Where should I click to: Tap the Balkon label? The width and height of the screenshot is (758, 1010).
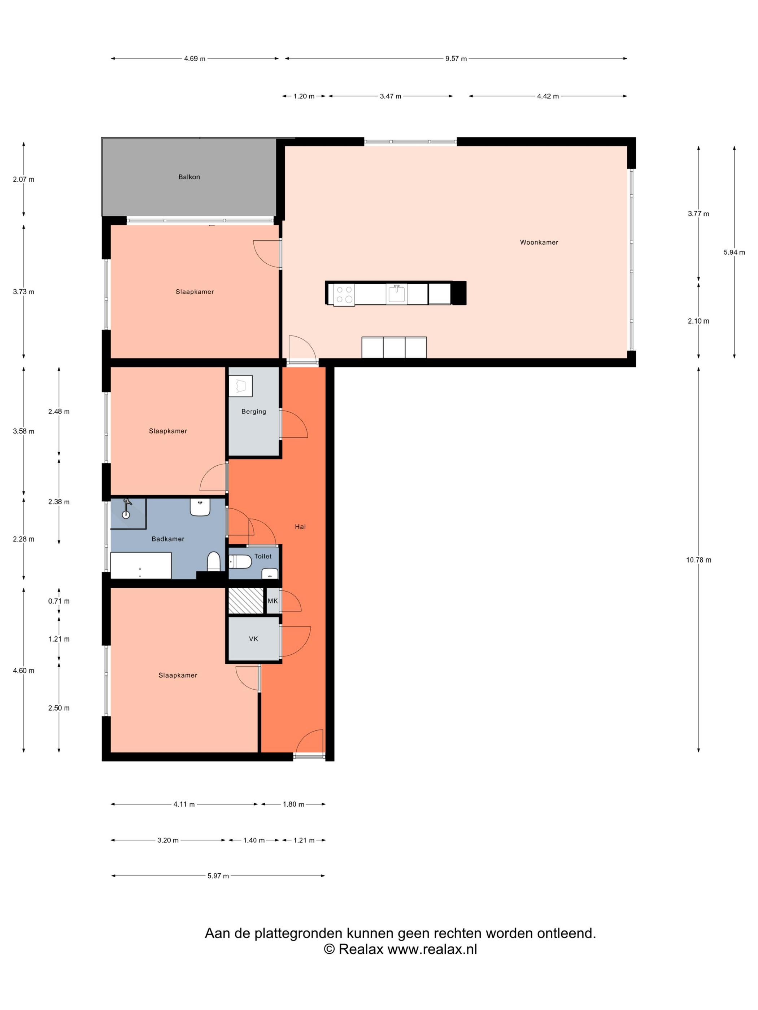tap(189, 177)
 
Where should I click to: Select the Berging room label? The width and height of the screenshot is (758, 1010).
tap(254, 412)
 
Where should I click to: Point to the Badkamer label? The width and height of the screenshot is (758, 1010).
tap(168, 539)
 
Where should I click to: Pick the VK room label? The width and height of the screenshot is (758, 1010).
tap(254, 639)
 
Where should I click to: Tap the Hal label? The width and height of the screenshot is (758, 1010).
tap(300, 526)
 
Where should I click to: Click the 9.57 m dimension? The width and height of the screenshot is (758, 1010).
tap(456, 58)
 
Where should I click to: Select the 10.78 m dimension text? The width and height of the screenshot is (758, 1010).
tap(698, 560)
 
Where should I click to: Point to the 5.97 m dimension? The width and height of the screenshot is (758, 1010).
tap(218, 876)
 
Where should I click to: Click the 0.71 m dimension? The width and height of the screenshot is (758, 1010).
tap(59, 601)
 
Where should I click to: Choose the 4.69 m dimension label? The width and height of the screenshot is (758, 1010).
tap(195, 58)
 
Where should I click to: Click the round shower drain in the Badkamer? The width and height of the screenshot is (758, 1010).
tap(126, 515)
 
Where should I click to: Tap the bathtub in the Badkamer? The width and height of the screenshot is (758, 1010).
tap(141, 565)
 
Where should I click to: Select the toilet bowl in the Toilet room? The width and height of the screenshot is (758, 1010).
tap(240, 562)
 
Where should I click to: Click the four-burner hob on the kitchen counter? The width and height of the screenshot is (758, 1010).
tap(344, 294)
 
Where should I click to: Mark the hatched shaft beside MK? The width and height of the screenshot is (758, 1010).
tap(246, 601)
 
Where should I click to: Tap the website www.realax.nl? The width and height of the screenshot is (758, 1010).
tap(432, 949)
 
